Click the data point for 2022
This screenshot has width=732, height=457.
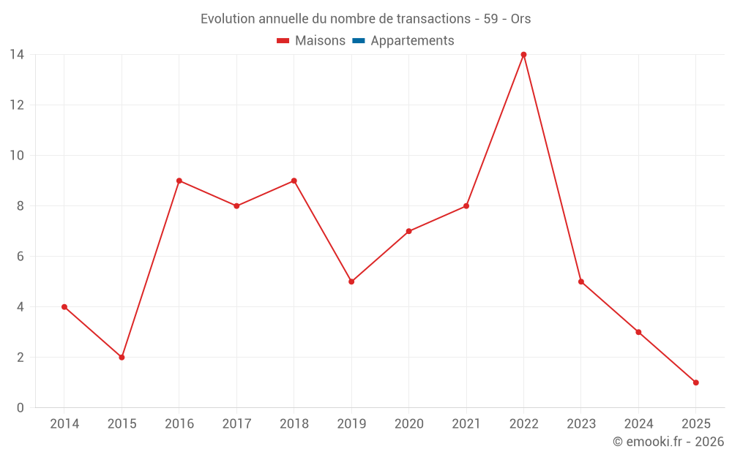pos(523,55)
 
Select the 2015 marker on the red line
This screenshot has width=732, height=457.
pos(122,358)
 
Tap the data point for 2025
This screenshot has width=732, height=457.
pos(695,382)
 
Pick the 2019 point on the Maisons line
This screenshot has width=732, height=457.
pos(351,282)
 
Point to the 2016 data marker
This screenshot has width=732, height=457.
pos(179,181)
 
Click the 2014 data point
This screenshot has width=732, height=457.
pos(64,307)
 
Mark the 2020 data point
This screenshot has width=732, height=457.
pos(408,231)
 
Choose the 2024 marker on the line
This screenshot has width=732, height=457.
pos(638,332)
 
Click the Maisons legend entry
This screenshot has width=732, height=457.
pos(320,41)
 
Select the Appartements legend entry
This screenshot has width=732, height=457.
pos(412,41)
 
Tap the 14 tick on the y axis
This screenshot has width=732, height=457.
pos(17,55)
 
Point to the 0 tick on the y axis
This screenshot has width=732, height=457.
pos(20,408)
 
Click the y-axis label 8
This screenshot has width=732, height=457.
pos(20,206)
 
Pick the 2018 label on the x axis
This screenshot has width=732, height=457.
pos(294,424)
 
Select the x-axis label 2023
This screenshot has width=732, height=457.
pos(581,424)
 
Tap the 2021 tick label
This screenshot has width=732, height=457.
pos(466,424)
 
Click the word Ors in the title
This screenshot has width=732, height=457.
pos(520,19)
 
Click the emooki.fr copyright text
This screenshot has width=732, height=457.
pos(668,442)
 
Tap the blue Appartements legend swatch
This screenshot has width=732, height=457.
pos(358,41)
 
